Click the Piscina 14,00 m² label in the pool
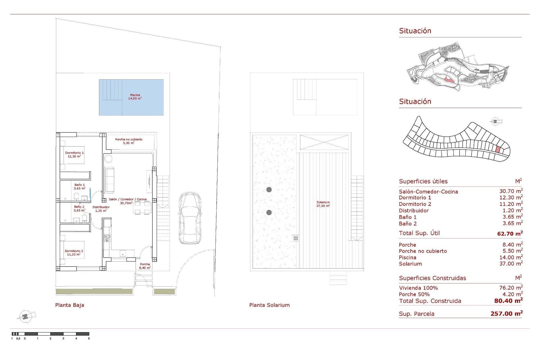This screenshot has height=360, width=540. coord(135,97)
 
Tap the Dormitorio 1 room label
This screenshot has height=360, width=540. coord(74,154)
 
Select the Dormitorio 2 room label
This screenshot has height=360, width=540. coord(74,253)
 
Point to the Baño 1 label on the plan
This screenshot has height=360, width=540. coord(79,186)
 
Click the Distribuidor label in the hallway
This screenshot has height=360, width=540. coord(101,209)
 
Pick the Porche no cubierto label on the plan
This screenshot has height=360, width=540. coord(129,141)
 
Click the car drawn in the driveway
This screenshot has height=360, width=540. coord(190,218)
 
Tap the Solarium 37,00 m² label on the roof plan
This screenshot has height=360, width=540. coord(323,204)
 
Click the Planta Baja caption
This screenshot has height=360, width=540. coord(69,305)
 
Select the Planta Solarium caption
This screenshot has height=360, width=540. coord(269,305)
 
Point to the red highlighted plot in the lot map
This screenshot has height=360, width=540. coord(498,150)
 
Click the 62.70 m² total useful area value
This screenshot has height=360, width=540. coord(510,233)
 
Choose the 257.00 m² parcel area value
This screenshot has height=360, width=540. coord(507,314)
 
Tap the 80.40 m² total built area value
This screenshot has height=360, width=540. coord(508,301)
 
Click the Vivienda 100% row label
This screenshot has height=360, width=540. coord(418,288)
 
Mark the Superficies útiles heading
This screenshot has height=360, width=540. coord(423,181)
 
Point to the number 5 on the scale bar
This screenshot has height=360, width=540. coord(89,338)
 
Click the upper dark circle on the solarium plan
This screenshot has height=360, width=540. coord(269,190)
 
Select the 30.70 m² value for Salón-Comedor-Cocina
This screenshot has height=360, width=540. coord(511,191)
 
